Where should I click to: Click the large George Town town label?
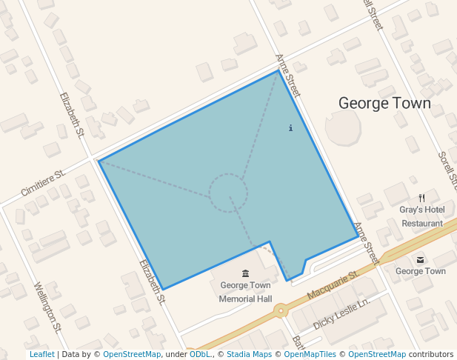click(x=384, y=103)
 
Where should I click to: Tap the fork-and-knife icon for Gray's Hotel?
click(x=421, y=198)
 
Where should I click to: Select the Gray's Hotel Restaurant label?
click(x=421, y=216)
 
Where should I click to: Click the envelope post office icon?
click(x=421, y=259)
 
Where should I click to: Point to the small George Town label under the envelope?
click(x=421, y=271)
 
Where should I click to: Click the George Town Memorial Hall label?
click(x=245, y=292)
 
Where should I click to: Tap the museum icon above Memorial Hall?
click(x=245, y=274)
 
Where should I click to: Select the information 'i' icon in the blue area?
click(x=290, y=128)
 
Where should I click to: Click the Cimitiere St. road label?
click(x=43, y=182)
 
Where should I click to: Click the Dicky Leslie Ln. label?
click(x=341, y=315)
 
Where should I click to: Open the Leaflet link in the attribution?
click(x=41, y=355)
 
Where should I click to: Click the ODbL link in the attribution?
click(x=199, y=355)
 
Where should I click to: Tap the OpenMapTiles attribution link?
click(x=310, y=355)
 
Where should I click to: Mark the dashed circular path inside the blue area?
click(x=228, y=193)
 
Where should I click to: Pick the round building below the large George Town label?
click(x=343, y=129)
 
